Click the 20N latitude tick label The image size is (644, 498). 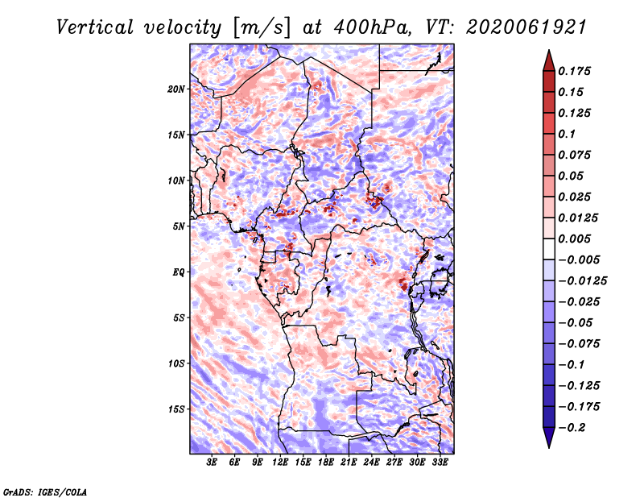(x=176, y=89)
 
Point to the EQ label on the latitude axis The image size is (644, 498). (x=179, y=272)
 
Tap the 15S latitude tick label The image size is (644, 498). (x=176, y=409)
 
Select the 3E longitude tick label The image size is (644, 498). (x=212, y=463)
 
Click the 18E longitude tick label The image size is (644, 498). (x=326, y=463)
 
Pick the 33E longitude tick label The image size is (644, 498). (x=440, y=463)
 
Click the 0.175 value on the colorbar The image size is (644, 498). (x=574, y=71)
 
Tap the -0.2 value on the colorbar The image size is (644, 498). (x=572, y=428)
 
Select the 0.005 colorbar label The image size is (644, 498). (x=574, y=239)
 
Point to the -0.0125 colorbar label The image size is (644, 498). (x=582, y=281)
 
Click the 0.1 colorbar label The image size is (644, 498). (x=567, y=134)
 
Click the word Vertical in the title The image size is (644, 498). (x=95, y=27)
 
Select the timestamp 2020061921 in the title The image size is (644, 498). (x=526, y=27)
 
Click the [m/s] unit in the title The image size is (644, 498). (x=262, y=28)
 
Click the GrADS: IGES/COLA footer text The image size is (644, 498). (x=45, y=492)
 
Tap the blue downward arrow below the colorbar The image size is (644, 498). (x=549, y=437)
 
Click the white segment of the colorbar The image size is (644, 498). (x=549, y=249)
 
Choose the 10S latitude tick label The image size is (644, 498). (x=176, y=363)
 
